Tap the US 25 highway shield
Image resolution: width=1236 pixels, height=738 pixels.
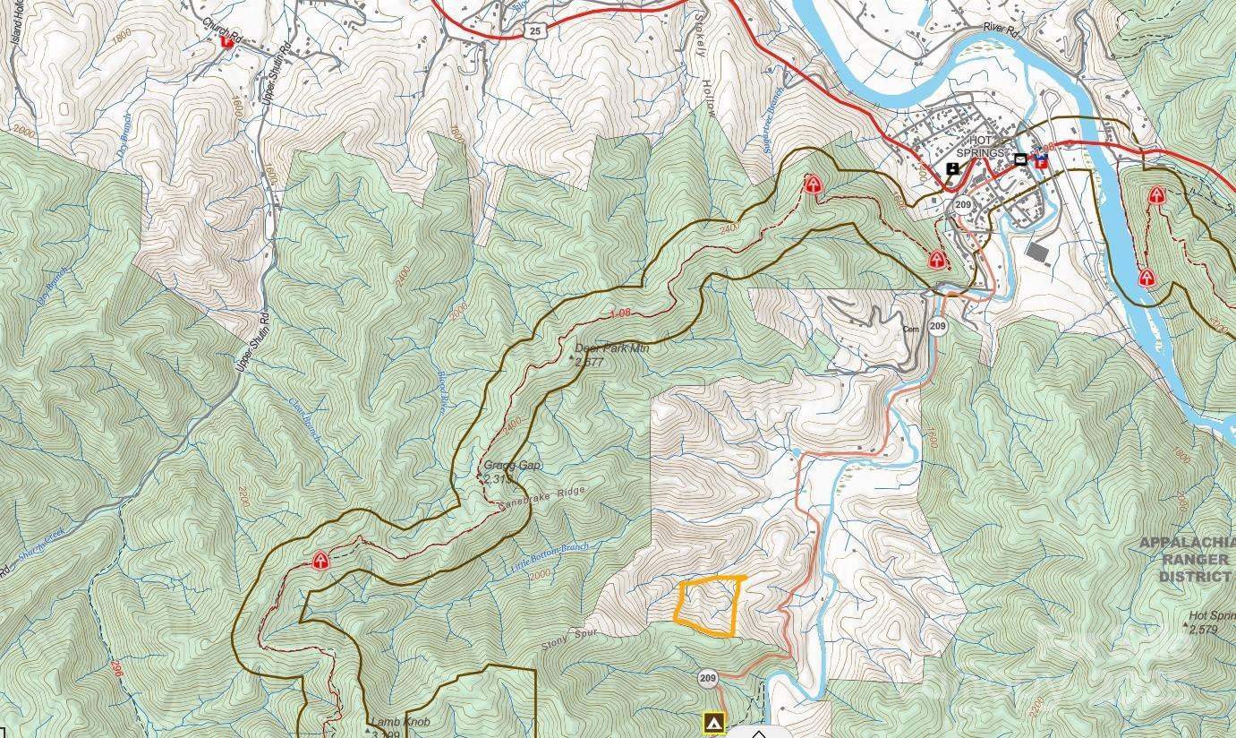[x=534, y=30]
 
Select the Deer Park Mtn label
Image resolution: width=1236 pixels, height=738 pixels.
[x=611, y=348]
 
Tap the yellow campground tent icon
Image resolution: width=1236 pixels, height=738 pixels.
[x=712, y=722]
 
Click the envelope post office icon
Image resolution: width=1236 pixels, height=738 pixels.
[x=1020, y=159]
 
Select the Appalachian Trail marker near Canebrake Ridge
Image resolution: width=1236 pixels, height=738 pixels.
[x=320, y=561]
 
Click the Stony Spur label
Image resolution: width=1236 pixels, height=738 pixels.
[x=567, y=638]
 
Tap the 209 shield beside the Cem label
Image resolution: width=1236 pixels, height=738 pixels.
[x=937, y=326]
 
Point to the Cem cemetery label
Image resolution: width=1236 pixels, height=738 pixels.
[x=911, y=329]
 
